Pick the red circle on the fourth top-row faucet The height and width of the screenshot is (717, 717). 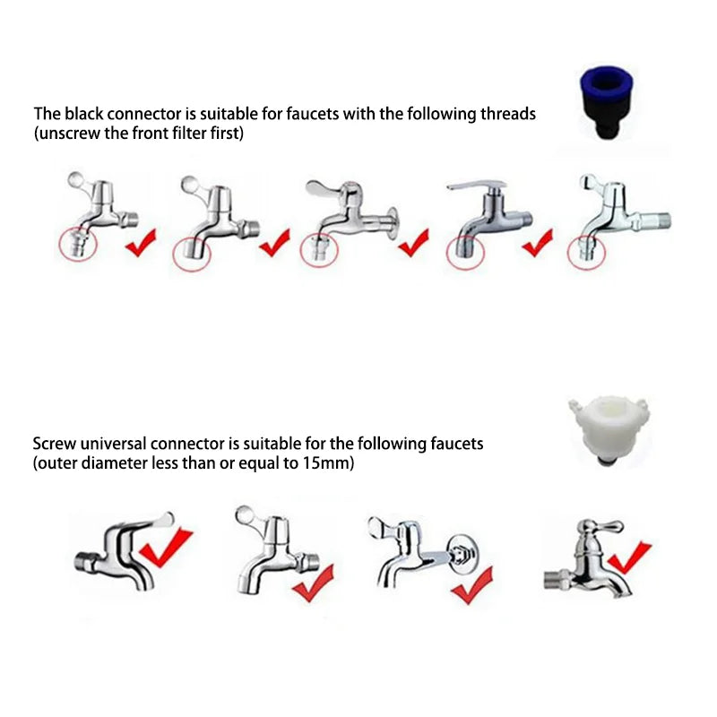[x=464, y=251]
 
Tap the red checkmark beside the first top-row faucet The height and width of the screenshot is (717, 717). [x=141, y=242]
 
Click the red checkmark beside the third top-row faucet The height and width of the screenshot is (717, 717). [x=413, y=242]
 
